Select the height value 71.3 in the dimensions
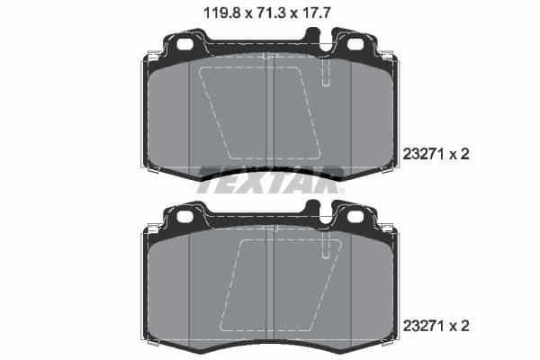pyautogui.click(x=269, y=13)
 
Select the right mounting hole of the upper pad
pyautogui.click(x=355, y=44)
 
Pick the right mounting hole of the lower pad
pyautogui.click(x=355, y=216)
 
